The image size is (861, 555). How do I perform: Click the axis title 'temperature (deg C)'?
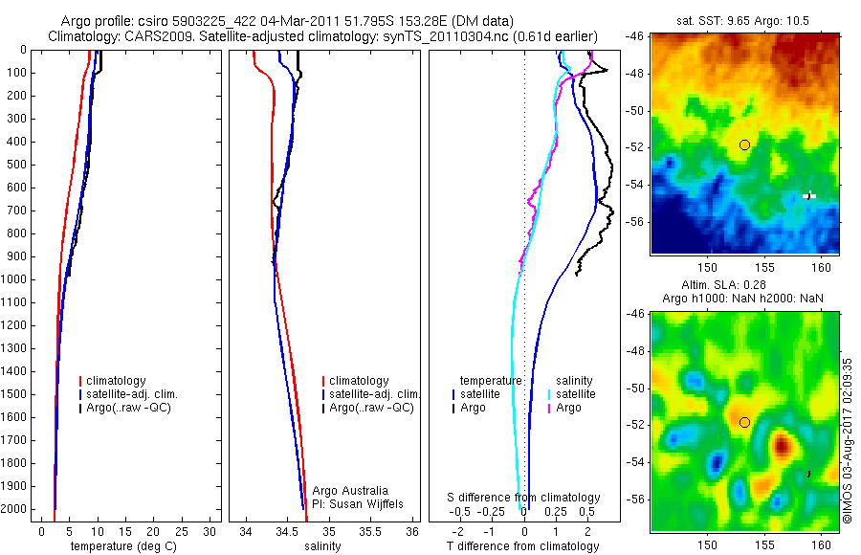click(x=121, y=546)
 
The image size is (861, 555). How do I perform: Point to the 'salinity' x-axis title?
click(x=323, y=546)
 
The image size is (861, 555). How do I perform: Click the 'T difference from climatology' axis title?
click(x=523, y=546)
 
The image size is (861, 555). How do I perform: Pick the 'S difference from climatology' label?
click(x=523, y=498)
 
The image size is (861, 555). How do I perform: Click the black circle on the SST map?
click(x=744, y=144)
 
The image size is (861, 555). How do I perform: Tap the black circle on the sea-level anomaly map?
click(x=744, y=422)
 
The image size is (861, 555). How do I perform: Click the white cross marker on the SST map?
click(x=809, y=195)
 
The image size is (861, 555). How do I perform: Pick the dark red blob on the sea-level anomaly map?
click(x=782, y=444)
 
